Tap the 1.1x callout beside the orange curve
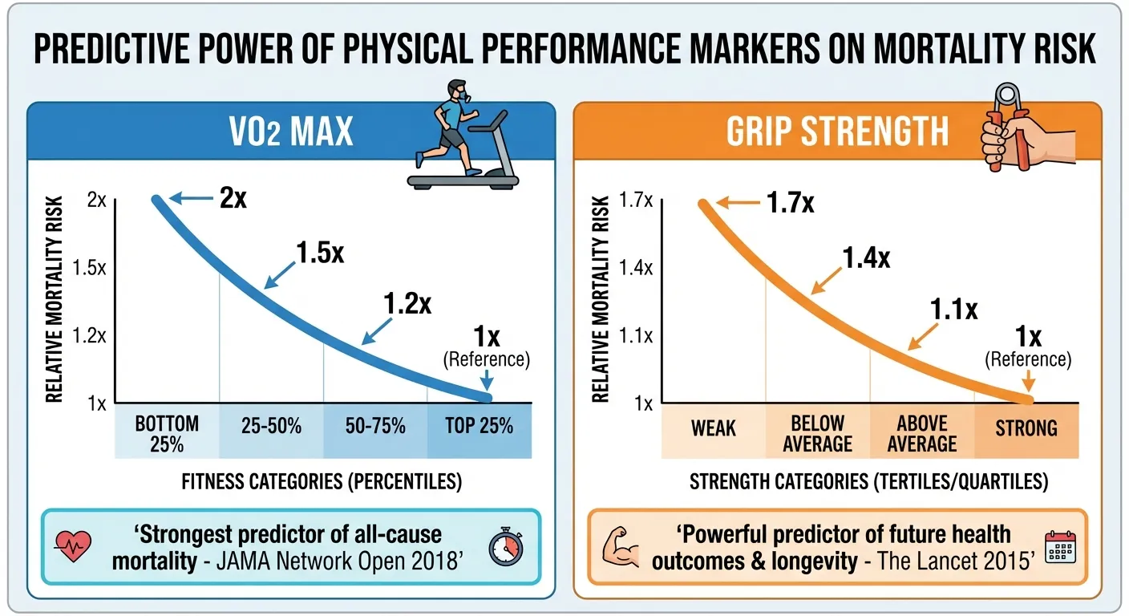click(953, 309)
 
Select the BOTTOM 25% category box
click(167, 432)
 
